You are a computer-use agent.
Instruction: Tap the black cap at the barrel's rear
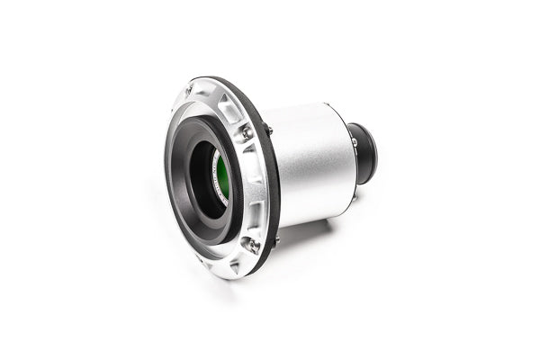tap(364, 152)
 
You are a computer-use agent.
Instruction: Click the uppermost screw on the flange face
tap(190, 88)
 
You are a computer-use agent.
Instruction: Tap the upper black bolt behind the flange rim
tap(268, 130)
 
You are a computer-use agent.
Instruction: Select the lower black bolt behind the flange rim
tap(274, 239)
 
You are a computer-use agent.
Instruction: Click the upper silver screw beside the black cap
tap(354, 141)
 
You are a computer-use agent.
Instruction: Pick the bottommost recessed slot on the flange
tap(236, 265)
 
